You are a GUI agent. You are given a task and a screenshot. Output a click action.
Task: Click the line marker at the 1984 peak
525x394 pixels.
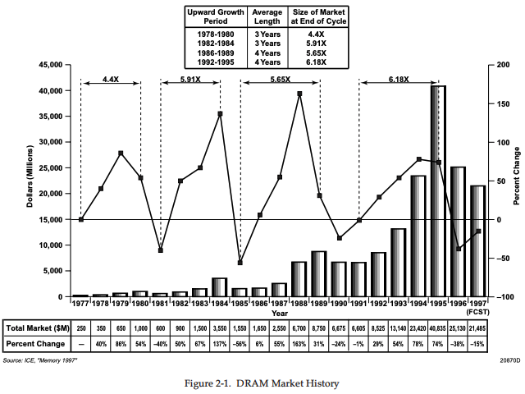[x=220, y=113]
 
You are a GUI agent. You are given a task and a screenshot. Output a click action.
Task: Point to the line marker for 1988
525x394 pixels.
[x=299, y=94]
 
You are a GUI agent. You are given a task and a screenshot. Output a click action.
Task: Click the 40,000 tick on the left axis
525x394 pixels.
[x=52, y=90]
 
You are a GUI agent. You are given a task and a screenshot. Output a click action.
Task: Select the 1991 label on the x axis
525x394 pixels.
[x=358, y=303]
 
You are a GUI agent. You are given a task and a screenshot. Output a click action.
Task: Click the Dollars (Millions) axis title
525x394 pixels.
[x=30, y=181]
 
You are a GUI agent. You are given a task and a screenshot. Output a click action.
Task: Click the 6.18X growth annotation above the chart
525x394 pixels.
[x=399, y=80]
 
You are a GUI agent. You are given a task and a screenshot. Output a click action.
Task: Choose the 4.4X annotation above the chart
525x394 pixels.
[x=111, y=80]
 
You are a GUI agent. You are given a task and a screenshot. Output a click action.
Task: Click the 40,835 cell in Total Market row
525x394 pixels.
[x=438, y=327]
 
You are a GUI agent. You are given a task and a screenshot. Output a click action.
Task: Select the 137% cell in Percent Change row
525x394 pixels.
[x=219, y=342]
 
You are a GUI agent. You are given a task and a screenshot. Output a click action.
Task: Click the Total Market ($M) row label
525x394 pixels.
[x=35, y=327]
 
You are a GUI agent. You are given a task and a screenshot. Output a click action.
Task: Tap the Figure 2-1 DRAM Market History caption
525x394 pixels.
[x=262, y=383]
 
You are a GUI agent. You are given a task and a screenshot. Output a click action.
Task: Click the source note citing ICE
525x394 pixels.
[x=41, y=360]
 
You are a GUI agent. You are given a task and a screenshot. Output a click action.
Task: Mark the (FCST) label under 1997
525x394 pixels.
[x=477, y=313]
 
